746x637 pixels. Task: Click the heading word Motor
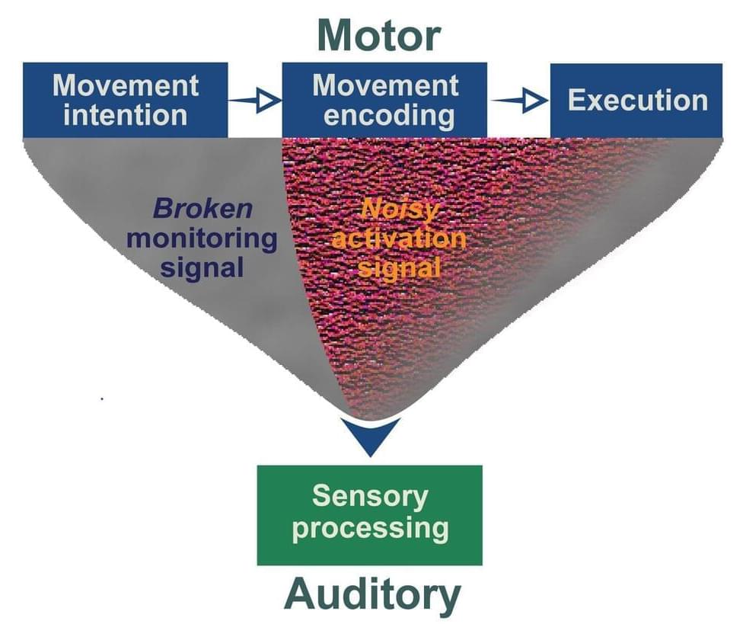point(378,34)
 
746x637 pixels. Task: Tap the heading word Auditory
point(372,596)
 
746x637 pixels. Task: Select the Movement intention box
point(126,99)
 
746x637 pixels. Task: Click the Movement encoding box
point(384,99)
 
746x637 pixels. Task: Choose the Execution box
point(636,100)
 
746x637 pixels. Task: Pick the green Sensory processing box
point(369,514)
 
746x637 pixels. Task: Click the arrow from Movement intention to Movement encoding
point(255,100)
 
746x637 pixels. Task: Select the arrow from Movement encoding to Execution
point(519,100)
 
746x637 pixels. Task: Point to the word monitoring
point(202,238)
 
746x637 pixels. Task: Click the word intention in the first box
point(126,115)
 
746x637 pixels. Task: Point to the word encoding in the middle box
point(384,115)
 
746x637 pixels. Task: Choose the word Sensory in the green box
point(370,497)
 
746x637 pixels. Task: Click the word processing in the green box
point(370,528)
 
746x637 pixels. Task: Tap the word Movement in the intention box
point(126,84)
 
